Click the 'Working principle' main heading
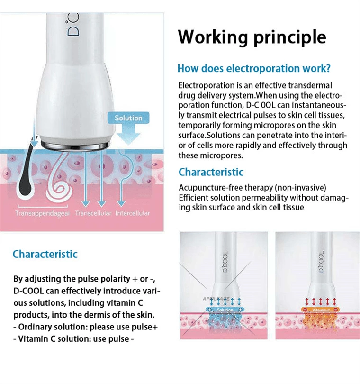(252, 37)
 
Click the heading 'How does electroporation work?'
(253, 68)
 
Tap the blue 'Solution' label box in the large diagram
(128, 118)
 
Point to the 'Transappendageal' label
(42, 213)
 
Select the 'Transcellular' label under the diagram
(93, 213)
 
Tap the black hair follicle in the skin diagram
(24, 175)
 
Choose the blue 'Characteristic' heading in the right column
(211, 172)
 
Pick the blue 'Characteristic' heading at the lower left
(45, 254)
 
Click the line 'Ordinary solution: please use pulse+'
(85, 327)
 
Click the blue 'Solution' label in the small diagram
(225, 310)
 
